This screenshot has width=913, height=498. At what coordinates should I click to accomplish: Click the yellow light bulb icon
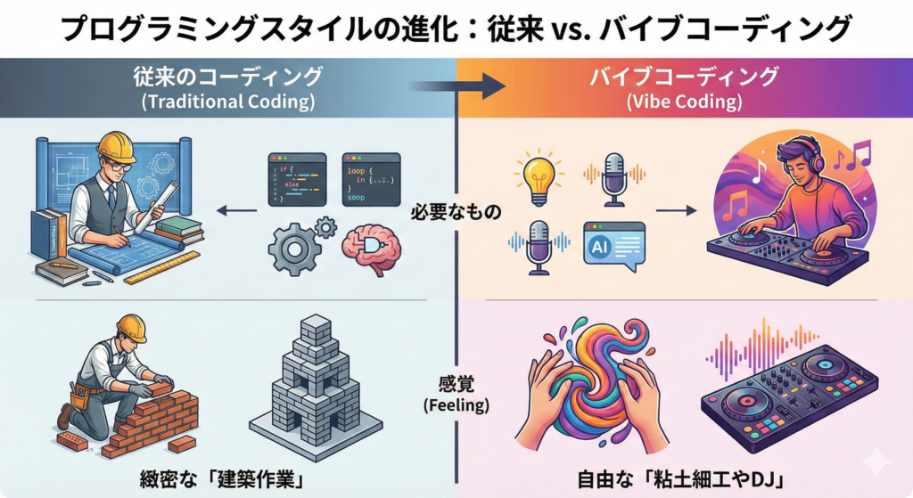[x=538, y=178]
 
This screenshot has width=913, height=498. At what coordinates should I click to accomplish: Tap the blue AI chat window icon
[x=614, y=242]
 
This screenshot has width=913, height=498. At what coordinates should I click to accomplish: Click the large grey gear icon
[x=295, y=249]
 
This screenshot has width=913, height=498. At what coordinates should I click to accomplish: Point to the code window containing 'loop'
[x=371, y=179]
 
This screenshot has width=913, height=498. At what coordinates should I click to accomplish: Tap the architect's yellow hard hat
[x=117, y=145]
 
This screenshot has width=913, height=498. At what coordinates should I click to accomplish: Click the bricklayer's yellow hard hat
[x=131, y=328]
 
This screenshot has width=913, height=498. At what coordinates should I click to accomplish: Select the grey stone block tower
[x=317, y=388]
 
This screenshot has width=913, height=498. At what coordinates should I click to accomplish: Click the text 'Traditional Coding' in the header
[x=228, y=102]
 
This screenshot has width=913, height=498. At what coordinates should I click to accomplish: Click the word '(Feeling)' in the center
[x=456, y=404]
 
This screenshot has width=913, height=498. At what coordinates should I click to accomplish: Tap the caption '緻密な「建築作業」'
[x=228, y=478]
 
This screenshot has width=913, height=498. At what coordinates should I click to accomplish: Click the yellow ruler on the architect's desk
[x=161, y=267]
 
